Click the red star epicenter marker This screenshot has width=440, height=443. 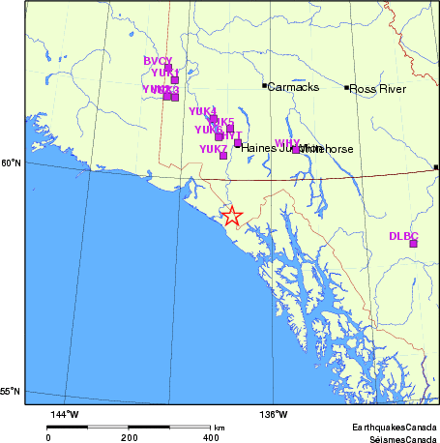[231, 217]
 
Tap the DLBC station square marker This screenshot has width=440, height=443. [413, 244]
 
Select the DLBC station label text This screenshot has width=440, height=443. [402, 235]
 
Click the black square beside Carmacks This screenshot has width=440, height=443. [264, 86]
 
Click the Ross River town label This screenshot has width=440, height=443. [377, 88]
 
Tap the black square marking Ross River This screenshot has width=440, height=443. [346, 88]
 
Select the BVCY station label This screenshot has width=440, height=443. [158, 61]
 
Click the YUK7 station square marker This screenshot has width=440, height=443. [223, 156]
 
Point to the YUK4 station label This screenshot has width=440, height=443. [202, 111]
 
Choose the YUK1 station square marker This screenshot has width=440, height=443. [175, 80]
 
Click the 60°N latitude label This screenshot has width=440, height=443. [11, 162]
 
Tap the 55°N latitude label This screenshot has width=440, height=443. [11, 392]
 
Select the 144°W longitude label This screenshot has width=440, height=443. [64, 415]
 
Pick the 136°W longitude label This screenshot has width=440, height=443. [274, 415]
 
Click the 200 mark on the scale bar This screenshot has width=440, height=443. [129, 437]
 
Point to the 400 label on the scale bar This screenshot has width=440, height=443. [210, 437]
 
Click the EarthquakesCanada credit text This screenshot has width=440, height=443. [394, 427]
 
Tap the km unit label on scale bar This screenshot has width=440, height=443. [220, 427]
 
